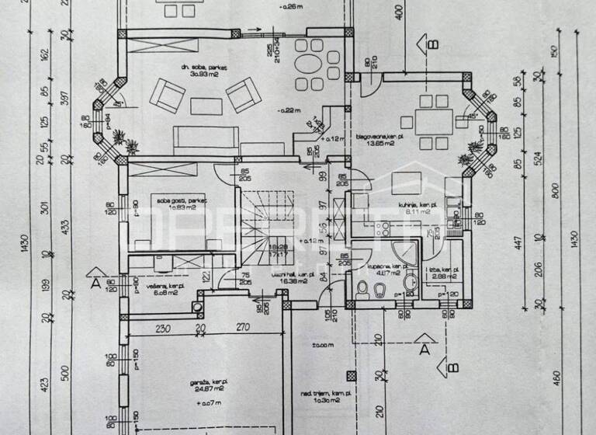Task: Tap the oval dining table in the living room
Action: click(310, 61)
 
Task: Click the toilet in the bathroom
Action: click(361, 290)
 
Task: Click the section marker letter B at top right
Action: click(428, 44)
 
